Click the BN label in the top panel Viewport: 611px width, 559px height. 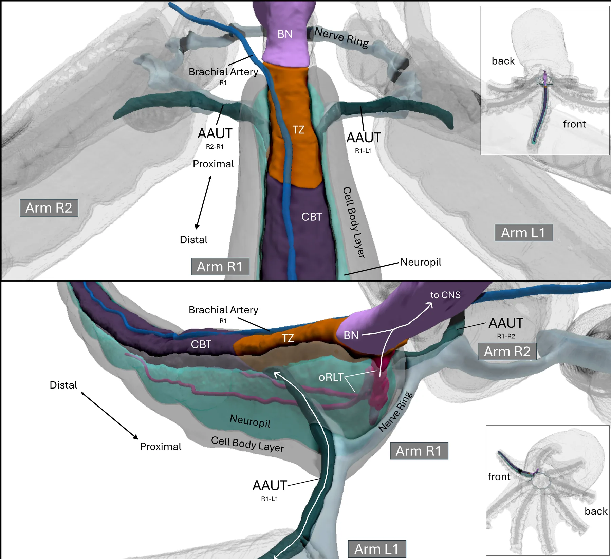pos(285,34)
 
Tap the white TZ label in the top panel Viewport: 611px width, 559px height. pos(298,130)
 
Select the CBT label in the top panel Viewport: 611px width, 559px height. pos(311,217)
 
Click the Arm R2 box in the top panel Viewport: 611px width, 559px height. pos(49,208)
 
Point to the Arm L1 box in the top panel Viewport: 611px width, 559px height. pos(523,233)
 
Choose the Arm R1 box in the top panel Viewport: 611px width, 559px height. pos(220,267)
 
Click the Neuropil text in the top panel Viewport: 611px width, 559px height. pos(421,262)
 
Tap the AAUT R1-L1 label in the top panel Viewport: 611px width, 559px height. pos(364,142)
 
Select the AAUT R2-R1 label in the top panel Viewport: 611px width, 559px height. pos(215,138)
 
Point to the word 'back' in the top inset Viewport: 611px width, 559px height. pos(503,61)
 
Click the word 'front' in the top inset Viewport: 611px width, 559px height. pos(574,124)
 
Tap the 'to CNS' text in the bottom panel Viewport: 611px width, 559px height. pos(445,295)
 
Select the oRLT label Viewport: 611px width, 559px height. pos(331,377)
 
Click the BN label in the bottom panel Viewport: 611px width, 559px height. pos(351,336)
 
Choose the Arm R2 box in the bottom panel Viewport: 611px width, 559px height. pos(507,351)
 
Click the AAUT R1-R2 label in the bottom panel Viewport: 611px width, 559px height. pos(506,327)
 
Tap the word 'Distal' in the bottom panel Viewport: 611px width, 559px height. pos(63,385)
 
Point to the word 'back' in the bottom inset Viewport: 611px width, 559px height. pos(596,511)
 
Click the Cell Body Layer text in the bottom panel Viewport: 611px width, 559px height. pos(247,444)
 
